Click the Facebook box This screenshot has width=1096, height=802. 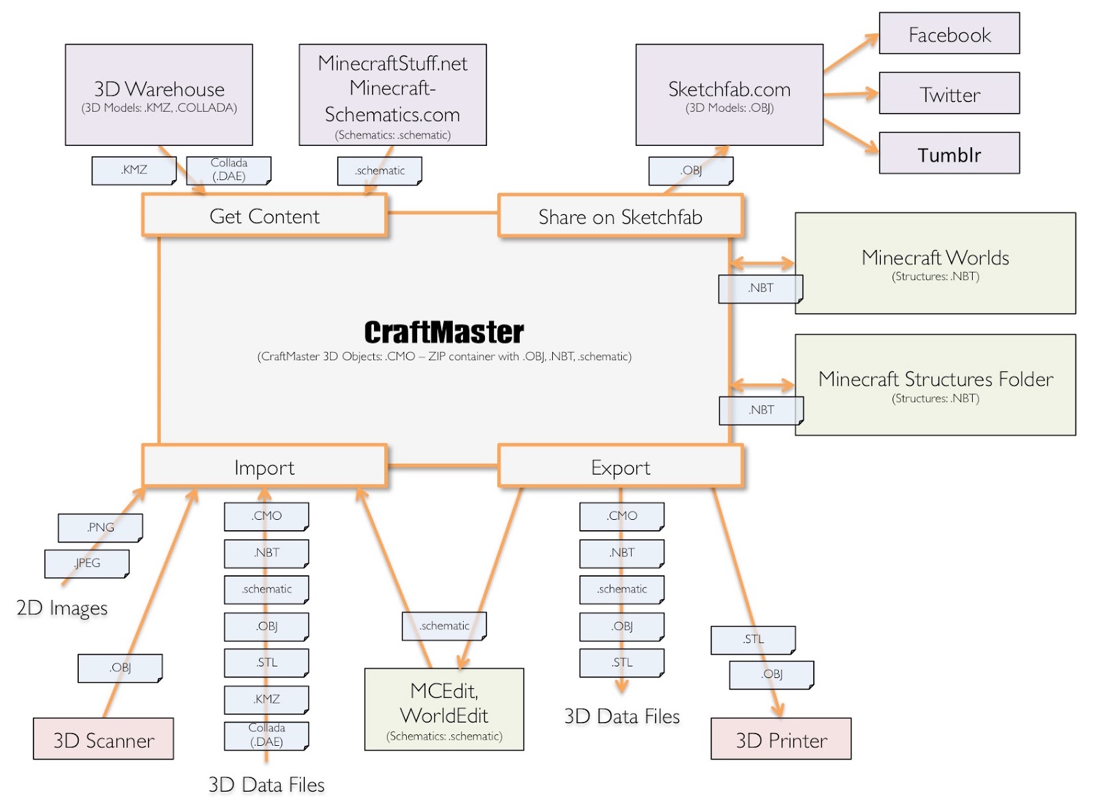click(x=949, y=34)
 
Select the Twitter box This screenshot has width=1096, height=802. click(x=949, y=93)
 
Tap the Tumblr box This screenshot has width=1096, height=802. click(x=949, y=153)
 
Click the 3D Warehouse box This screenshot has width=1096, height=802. click(x=159, y=95)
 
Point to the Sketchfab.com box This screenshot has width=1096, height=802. click(x=729, y=95)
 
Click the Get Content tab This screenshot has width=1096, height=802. click(x=264, y=216)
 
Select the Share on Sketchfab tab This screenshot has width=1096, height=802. click(x=620, y=216)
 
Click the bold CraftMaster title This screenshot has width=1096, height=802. click(x=444, y=332)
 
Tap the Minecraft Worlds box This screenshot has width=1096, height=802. click(x=935, y=263)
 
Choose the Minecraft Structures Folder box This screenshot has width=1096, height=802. click(x=935, y=384)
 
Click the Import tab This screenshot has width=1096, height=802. click(x=264, y=466)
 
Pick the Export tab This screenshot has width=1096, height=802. click(x=620, y=466)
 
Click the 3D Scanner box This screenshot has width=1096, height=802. click(x=103, y=739)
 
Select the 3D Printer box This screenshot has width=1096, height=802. click(x=781, y=739)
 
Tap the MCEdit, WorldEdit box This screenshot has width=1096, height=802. click(x=444, y=710)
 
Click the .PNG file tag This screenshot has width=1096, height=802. click(x=100, y=527)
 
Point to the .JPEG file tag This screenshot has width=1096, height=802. click(x=86, y=563)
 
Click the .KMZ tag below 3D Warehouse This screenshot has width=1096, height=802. click(x=134, y=170)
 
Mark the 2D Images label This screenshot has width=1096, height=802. click(x=62, y=607)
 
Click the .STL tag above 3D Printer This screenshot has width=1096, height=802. click(x=753, y=639)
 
